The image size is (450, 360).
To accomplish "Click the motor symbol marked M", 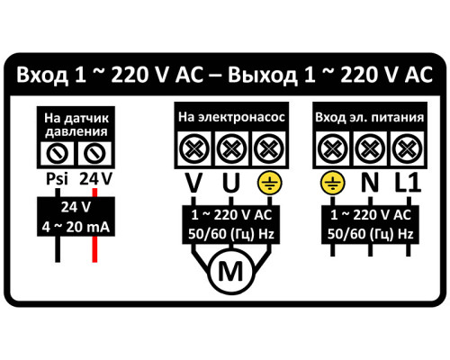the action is pos(231,272).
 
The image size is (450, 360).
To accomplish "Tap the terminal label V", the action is pos(193,183).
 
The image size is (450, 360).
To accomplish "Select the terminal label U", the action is pos(231,183).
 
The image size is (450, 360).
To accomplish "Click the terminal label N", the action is pos(370,183).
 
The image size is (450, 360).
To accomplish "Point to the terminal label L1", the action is pos(408,183).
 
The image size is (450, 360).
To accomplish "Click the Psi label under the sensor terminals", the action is pos(57,179).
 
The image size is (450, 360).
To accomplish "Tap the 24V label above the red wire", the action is pos(95,179).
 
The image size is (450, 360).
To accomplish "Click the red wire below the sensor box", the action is pos(94,249).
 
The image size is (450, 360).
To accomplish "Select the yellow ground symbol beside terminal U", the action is pos(270,183).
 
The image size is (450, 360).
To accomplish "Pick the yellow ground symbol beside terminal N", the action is pos(332,183).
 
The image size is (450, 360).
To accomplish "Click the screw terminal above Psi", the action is pos(57,153).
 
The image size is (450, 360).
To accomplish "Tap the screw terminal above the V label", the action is pos(194,148).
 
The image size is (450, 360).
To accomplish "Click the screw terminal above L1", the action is pos(407,148).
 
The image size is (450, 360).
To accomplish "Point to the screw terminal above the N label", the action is pos(370,148).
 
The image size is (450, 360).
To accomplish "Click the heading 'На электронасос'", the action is pos(231,117).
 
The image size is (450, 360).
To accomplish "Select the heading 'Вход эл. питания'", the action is pos(370,117).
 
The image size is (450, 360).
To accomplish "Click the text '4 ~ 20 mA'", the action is pos(76,227).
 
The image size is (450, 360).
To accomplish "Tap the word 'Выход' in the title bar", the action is pos(263,75).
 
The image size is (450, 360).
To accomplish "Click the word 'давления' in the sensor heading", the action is pos(76,131).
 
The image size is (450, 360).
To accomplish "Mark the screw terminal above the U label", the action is pos(231,148).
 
